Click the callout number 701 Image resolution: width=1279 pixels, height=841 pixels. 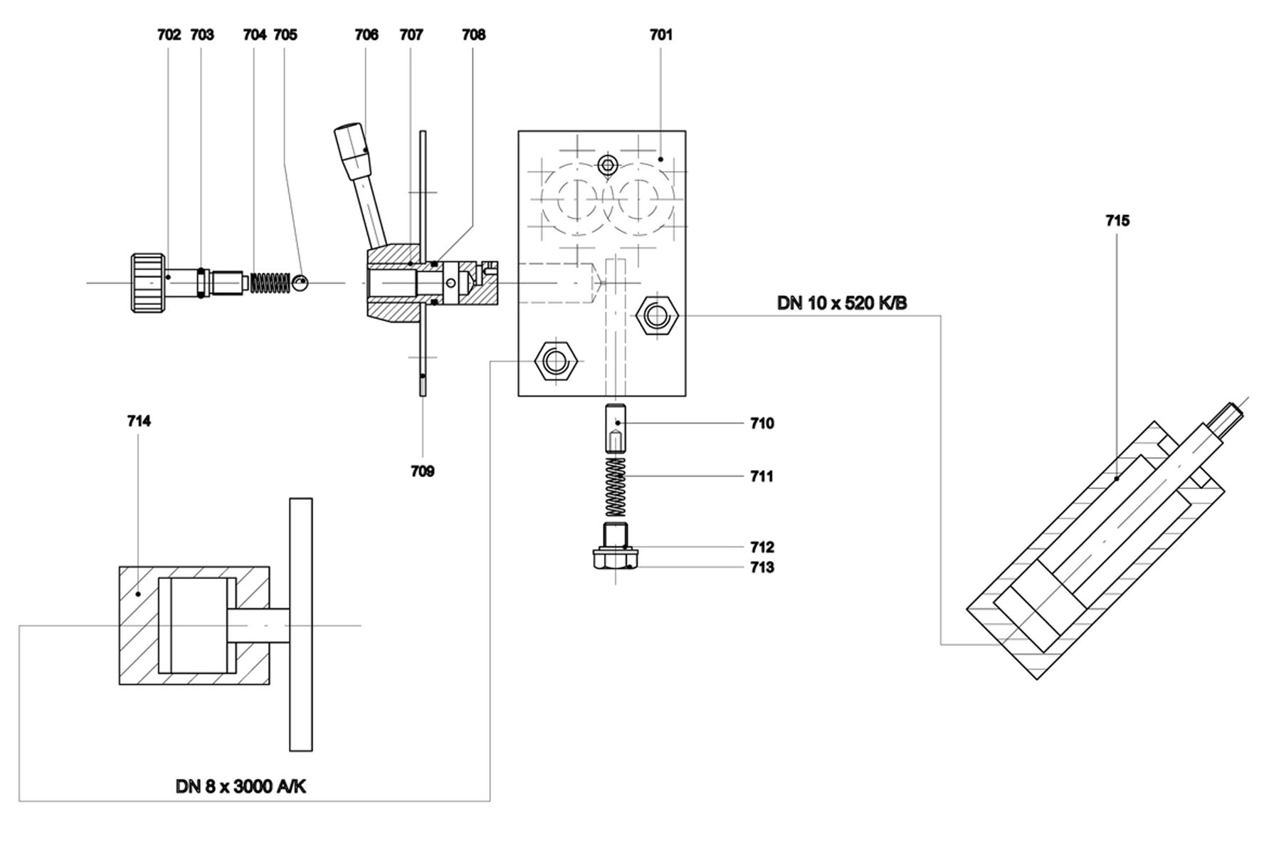coord(660,34)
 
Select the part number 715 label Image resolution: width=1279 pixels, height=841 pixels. coord(1117,221)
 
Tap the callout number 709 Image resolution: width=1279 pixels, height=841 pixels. coord(422,471)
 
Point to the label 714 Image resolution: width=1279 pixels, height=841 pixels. coord(139,422)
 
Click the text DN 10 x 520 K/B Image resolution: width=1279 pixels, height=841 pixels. coord(842,303)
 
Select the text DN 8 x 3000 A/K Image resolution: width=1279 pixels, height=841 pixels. coord(241,786)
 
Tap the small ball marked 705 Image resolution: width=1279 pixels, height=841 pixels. coord(300,282)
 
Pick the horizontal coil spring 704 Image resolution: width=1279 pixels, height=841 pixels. coord(269,283)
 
